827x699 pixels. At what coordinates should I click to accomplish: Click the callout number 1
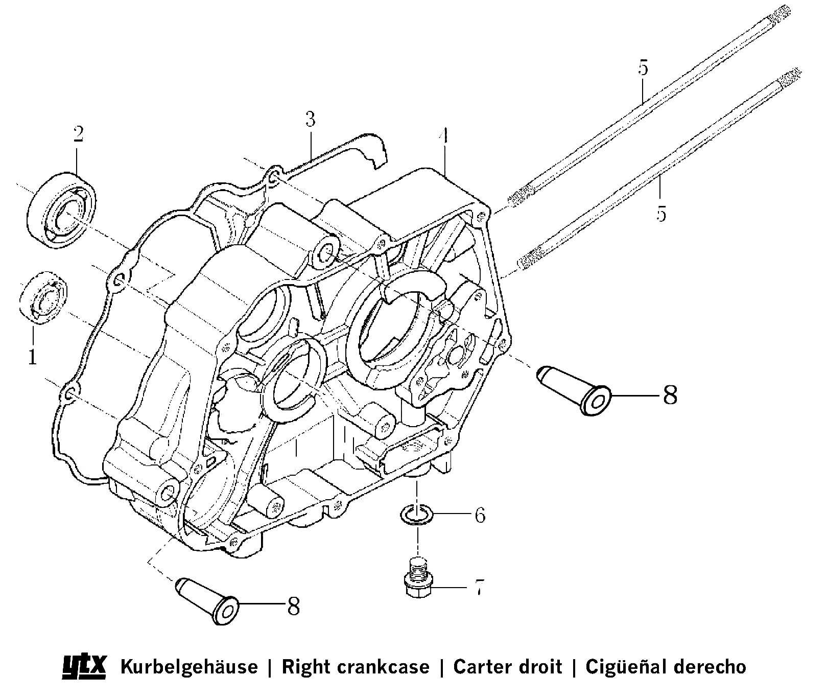click(x=33, y=357)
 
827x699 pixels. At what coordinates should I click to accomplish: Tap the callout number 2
click(x=78, y=134)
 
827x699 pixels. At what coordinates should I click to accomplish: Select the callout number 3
click(x=310, y=120)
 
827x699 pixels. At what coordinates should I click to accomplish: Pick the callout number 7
click(x=479, y=588)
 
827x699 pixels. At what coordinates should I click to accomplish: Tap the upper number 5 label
click(x=643, y=67)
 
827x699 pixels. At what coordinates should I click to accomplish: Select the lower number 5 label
click(x=661, y=214)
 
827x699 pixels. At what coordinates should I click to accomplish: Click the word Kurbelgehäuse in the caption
click(x=188, y=667)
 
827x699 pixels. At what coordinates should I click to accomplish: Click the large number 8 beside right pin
click(x=670, y=395)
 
